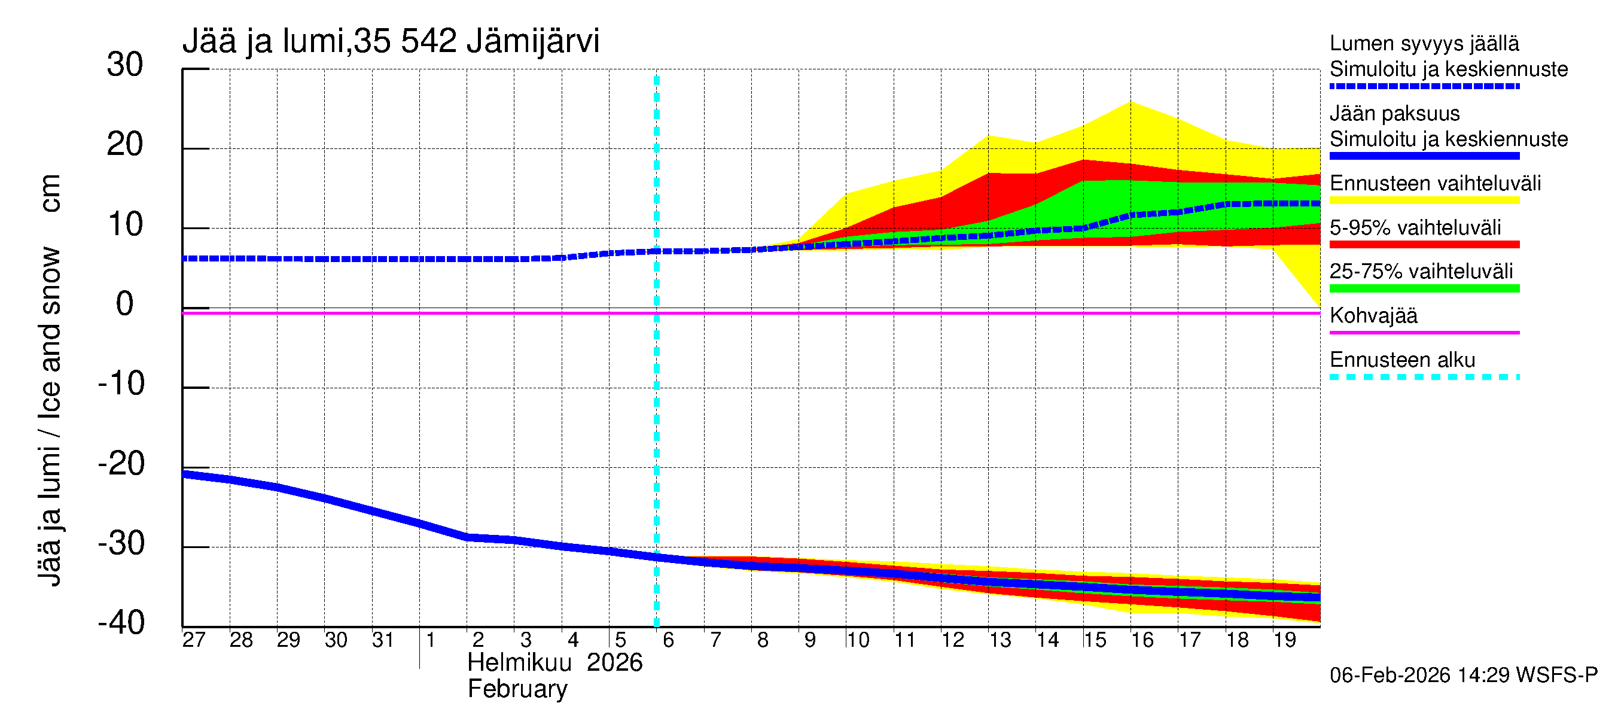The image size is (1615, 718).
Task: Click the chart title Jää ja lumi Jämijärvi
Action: tap(390, 41)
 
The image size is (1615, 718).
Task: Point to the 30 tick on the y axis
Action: tap(125, 65)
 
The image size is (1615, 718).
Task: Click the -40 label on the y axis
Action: tap(121, 623)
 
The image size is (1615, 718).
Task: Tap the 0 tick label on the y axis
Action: tap(125, 304)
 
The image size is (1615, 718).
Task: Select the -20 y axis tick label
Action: tap(121, 464)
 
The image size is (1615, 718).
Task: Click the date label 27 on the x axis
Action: tap(194, 640)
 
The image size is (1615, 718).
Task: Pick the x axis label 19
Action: tap(1285, 640)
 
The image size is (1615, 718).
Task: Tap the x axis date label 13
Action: tap(1000, 640)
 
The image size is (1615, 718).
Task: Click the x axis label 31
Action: tap(382, 640)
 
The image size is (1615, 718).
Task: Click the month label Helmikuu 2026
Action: tap(555, 663)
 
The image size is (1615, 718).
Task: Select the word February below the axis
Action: tap(517, 689)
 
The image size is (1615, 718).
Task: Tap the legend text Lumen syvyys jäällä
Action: tap(1424, 43)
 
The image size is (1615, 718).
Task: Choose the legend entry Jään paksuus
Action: tap(1394, 114)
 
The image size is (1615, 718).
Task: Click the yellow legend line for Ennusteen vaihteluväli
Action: tap(1424, 200)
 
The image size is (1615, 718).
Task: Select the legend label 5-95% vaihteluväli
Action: tap(1415, 227)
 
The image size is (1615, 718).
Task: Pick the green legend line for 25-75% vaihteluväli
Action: tap(1424, 288)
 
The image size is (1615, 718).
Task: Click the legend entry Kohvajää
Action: tap(1373, 315)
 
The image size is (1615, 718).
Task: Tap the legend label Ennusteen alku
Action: tap(1402, 360)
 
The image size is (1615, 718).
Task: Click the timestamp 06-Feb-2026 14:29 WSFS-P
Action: tap(1463, 675)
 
